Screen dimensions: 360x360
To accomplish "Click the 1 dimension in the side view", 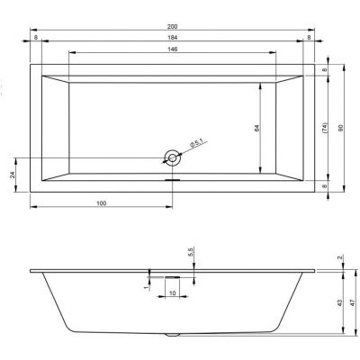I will click(x=145, y=288).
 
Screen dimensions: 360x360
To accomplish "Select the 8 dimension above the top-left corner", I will click(x=35, y=39).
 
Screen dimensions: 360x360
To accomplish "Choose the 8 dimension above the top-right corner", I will click(x=310, y=39).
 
